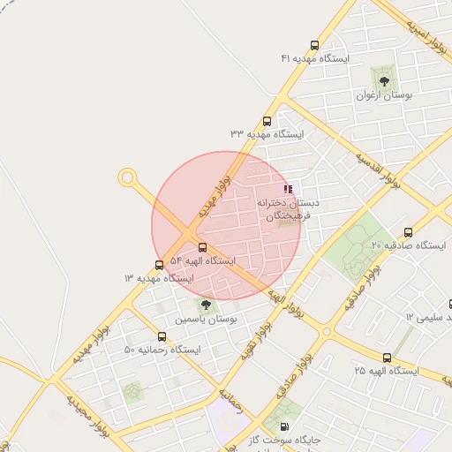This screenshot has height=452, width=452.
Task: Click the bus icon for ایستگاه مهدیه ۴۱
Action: [314, 45]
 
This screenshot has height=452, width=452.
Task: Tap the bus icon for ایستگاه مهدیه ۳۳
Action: [267, 122]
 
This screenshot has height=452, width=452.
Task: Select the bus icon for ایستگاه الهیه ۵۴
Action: [203, 248]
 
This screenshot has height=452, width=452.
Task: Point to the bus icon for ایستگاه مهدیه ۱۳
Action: [159, 265]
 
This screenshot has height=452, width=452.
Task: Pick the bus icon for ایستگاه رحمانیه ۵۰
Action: [162, 336]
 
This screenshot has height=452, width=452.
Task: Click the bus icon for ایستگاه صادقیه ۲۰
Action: [408, 232]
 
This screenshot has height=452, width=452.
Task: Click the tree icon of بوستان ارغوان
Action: [383, 80]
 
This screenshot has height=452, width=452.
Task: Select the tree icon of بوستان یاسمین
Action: [207, 305]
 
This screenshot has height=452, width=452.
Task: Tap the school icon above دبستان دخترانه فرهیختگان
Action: [288, 189]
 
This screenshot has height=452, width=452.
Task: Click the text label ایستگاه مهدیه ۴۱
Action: [316, 58]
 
